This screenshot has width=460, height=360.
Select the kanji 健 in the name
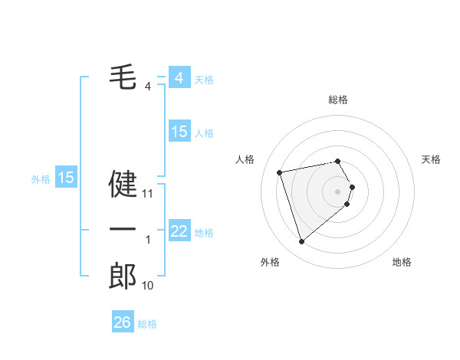(123, 183)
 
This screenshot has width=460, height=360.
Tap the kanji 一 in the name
(123, 229)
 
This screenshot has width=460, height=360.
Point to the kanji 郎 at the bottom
(123, 276)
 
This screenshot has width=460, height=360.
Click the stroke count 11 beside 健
(148, 194)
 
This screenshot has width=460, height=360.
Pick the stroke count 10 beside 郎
(148, 286)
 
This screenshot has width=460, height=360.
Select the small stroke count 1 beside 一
(148, 240)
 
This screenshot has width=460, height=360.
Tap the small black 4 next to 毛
(148, 86)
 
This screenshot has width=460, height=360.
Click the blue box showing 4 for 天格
(179, 78)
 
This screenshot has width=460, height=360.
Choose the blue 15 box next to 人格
(179, 132)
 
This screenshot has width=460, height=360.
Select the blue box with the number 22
(179, 231)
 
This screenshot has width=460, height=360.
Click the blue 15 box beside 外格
(66, 178)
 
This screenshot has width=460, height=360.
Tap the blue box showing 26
(122, 322)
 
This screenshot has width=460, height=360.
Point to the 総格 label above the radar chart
(338, 100)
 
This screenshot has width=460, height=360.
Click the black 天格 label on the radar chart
(432, 159)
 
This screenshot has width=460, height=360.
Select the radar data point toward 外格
(301, 242)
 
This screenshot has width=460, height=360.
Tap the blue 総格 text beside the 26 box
(147, 324)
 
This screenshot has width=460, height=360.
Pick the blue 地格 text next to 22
(204, 233)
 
